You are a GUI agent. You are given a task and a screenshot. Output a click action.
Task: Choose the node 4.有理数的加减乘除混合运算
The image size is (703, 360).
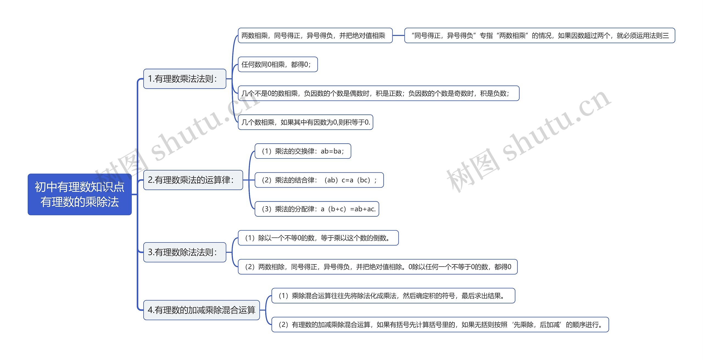pyautogui.click(x=201, y=310)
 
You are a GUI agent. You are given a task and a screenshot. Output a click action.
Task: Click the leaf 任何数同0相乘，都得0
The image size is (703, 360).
pyautogui.click(x=277, y=65)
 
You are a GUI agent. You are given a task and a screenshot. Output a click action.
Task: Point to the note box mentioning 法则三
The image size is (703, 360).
pyautogui.click(x=539, y=35)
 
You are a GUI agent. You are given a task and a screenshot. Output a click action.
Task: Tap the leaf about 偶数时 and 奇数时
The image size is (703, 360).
pyautogui.click(x=378, y=93)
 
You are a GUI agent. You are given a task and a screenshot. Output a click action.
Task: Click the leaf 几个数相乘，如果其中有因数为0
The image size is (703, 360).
pyautogui.click(x=305, y=122)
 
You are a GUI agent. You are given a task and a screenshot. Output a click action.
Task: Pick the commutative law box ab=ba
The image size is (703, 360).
pyautogui.click(x=303, y=151)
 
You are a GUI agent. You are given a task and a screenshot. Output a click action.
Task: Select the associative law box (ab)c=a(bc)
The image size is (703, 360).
pyautogui.click(x=319, y=180)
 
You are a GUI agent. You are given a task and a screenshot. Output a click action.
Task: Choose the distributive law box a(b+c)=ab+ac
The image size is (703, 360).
pyautogui.click(x=317, y=209)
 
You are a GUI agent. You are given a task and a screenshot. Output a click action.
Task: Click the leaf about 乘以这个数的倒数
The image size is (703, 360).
pyautogui.click(x=318, y=238)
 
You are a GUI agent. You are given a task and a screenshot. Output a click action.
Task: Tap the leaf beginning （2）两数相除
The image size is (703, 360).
pyautogui.click(x=377, y=267)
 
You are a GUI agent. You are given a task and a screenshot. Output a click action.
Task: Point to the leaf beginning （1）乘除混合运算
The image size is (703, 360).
pyautogui.click(x=393, y=296)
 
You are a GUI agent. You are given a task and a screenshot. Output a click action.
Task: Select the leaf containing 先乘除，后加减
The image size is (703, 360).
pyautogui.click(x=440, y=325)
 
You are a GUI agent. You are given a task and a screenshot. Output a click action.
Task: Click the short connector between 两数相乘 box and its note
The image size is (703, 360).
pyautogui.click(x=398, y=35)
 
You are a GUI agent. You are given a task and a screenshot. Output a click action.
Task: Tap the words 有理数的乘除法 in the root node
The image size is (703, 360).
pyautogui.click(x=79, y=202)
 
